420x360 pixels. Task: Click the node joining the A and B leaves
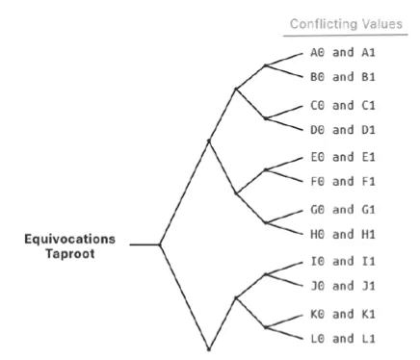(265, 66)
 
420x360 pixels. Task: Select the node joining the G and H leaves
(265, 221)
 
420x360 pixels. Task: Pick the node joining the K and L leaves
(265, 324)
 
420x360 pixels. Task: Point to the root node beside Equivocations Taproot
(161, 245)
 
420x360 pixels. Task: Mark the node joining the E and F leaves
(265, 169)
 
